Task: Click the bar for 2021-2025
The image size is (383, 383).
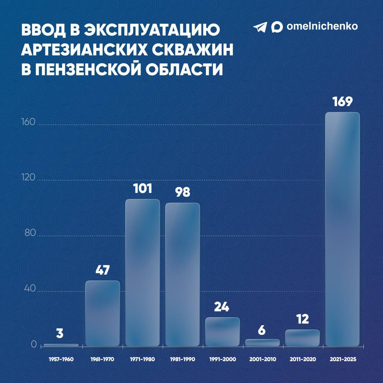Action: coord(342,229)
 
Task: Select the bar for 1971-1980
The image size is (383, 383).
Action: coord(142,272)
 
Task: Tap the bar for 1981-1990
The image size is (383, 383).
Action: coord(183,274)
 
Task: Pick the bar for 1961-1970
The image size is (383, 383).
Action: coord(103,313)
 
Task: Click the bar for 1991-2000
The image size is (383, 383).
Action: coord(222,332)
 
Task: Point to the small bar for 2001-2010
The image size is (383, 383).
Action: coord(262,343)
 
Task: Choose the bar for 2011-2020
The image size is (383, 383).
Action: coord(303,338)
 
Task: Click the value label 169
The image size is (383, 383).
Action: coord(343,102)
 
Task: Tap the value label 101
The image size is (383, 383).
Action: coord(142,189)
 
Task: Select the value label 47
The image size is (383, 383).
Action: coord(103,270)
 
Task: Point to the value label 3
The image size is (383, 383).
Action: coord(60,333)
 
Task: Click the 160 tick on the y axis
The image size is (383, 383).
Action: coord(28,122)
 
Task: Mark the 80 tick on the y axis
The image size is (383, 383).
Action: coord(30,233)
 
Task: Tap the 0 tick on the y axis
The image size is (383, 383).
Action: coord(34,344)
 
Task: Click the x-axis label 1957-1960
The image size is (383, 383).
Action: coord(61,359)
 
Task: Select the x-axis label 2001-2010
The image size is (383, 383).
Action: coord(262,359)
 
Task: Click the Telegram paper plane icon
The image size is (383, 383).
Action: coord(260,27)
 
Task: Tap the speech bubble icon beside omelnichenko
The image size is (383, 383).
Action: coord(277,27)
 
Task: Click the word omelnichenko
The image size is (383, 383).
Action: coord(322,26)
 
